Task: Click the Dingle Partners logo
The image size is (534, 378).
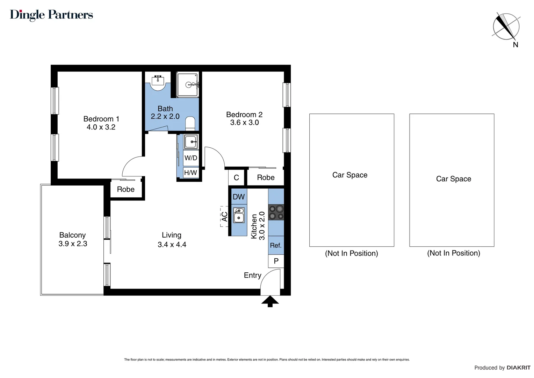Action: click(x=51, y=15)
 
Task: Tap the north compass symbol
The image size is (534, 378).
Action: click(x=506, y=27)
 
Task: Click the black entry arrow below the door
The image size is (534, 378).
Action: click(x=270, y=301)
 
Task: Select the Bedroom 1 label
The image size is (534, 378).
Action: click(x=101, y=119)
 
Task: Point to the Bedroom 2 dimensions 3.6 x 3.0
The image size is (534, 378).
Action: click(x=244, y=122)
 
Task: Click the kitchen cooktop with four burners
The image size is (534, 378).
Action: click(x=276, y=212)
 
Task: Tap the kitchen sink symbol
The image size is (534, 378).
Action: click(x=239, y=215)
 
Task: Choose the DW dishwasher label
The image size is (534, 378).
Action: click(x=239, y=197)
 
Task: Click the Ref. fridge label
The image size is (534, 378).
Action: click(x=276, y=245)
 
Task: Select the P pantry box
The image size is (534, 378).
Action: click(x=276, y=261)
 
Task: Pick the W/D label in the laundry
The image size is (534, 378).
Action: click(x=191, y=158)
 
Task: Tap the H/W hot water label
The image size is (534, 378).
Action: click(x=191, y=173)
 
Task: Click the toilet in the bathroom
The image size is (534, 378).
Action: click(x=190, y=123)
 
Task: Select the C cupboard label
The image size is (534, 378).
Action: click(x=236, y=177)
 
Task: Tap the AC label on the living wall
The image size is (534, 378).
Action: click(x=224, y=217)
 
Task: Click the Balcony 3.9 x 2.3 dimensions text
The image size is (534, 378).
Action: click(x=73, y=244)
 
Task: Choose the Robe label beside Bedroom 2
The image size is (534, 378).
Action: click(x=266, y=177)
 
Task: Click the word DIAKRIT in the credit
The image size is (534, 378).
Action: click(x=519, y=367)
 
